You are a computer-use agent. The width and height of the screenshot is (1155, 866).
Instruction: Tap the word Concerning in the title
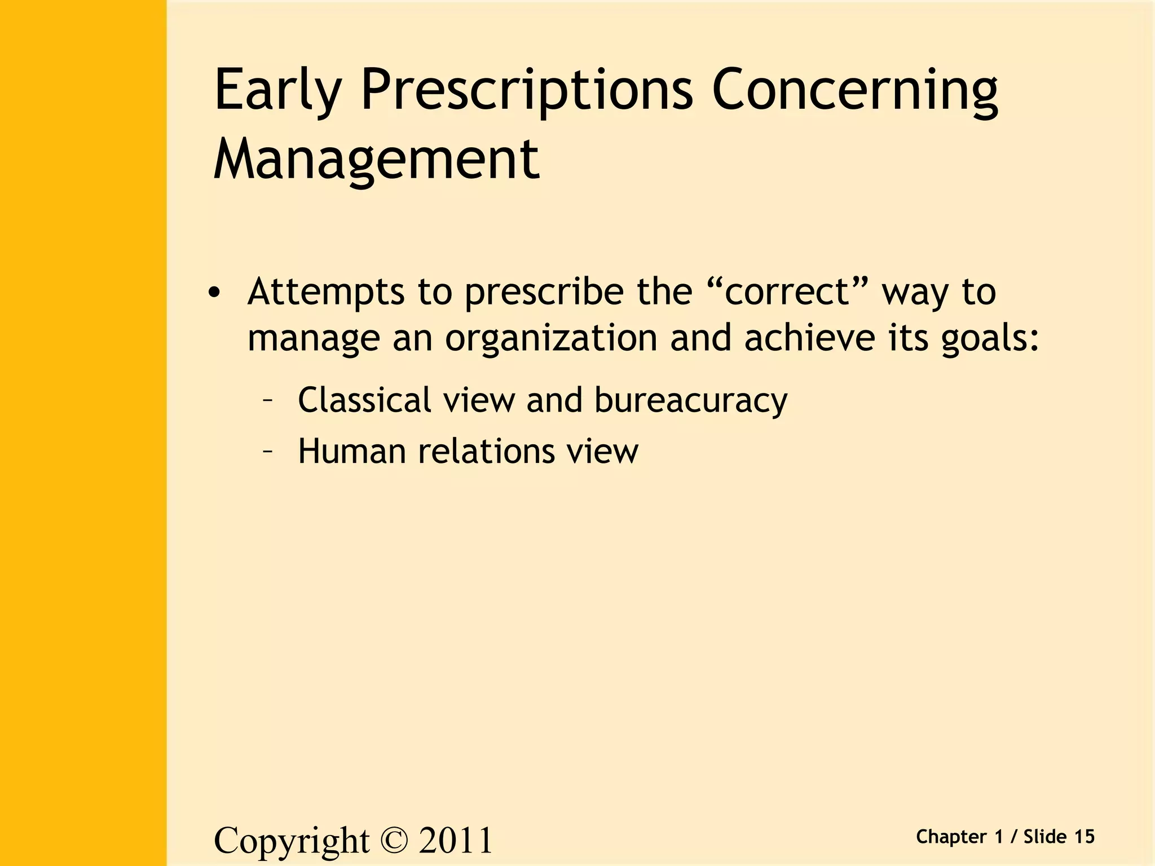pyautogui.click(x=854, y=90)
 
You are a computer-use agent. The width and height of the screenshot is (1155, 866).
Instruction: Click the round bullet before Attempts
pyautogui.click(x=214, y=293)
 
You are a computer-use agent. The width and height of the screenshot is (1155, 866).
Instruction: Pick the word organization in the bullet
pyautogui.click(x=551, y=338)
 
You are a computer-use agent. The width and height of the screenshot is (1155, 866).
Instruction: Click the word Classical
pyautogui.click(x=365, y=400)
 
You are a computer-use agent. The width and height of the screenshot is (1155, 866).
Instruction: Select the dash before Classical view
pyautogui.click(x=268, y=400)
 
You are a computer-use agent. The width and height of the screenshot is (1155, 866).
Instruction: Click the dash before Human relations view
pyautogui.click(x=268, y=451)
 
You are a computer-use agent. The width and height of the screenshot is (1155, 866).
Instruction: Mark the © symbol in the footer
pyautogui.click(x=393, y=841)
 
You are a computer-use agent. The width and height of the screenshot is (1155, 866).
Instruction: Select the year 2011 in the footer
pyautogui.click(x=456, y=841)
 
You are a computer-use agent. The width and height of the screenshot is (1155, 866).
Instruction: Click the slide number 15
pyautogui.click(x=1084, y=837)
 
